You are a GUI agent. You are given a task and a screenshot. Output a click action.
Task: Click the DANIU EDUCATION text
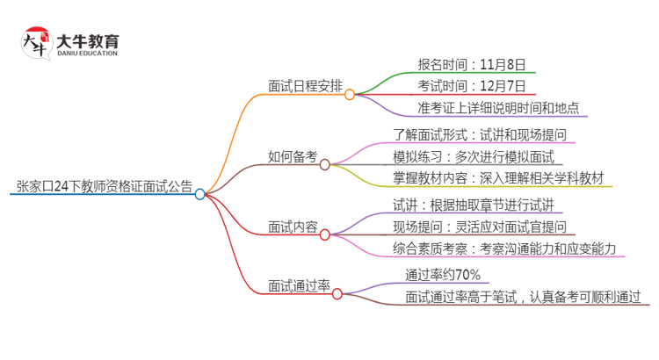[x=88, y=54]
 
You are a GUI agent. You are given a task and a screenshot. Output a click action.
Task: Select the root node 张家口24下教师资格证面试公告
[x=104, y=186]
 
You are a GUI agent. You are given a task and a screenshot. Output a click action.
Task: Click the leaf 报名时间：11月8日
[x=472, y=64]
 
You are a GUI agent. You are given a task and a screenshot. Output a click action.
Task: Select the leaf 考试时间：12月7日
[x=472, y=86]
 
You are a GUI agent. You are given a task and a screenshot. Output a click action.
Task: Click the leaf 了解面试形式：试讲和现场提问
[x=484, y=135]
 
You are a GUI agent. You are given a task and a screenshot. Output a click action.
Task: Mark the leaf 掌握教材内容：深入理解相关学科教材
[x=498, y=179]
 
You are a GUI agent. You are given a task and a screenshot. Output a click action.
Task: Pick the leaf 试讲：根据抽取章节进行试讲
[x=472, y=205]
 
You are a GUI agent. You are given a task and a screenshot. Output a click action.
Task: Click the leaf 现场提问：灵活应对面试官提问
[x=484, y=227]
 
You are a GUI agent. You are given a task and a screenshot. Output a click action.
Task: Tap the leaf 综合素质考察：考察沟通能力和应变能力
[x=509, y=249]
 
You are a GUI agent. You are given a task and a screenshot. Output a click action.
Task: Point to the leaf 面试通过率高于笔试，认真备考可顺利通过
[x=523, y=297]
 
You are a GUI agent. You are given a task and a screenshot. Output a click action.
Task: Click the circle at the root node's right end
[x=200, y=194]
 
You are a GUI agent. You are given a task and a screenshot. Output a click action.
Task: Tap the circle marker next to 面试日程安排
[x=350, y=94]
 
